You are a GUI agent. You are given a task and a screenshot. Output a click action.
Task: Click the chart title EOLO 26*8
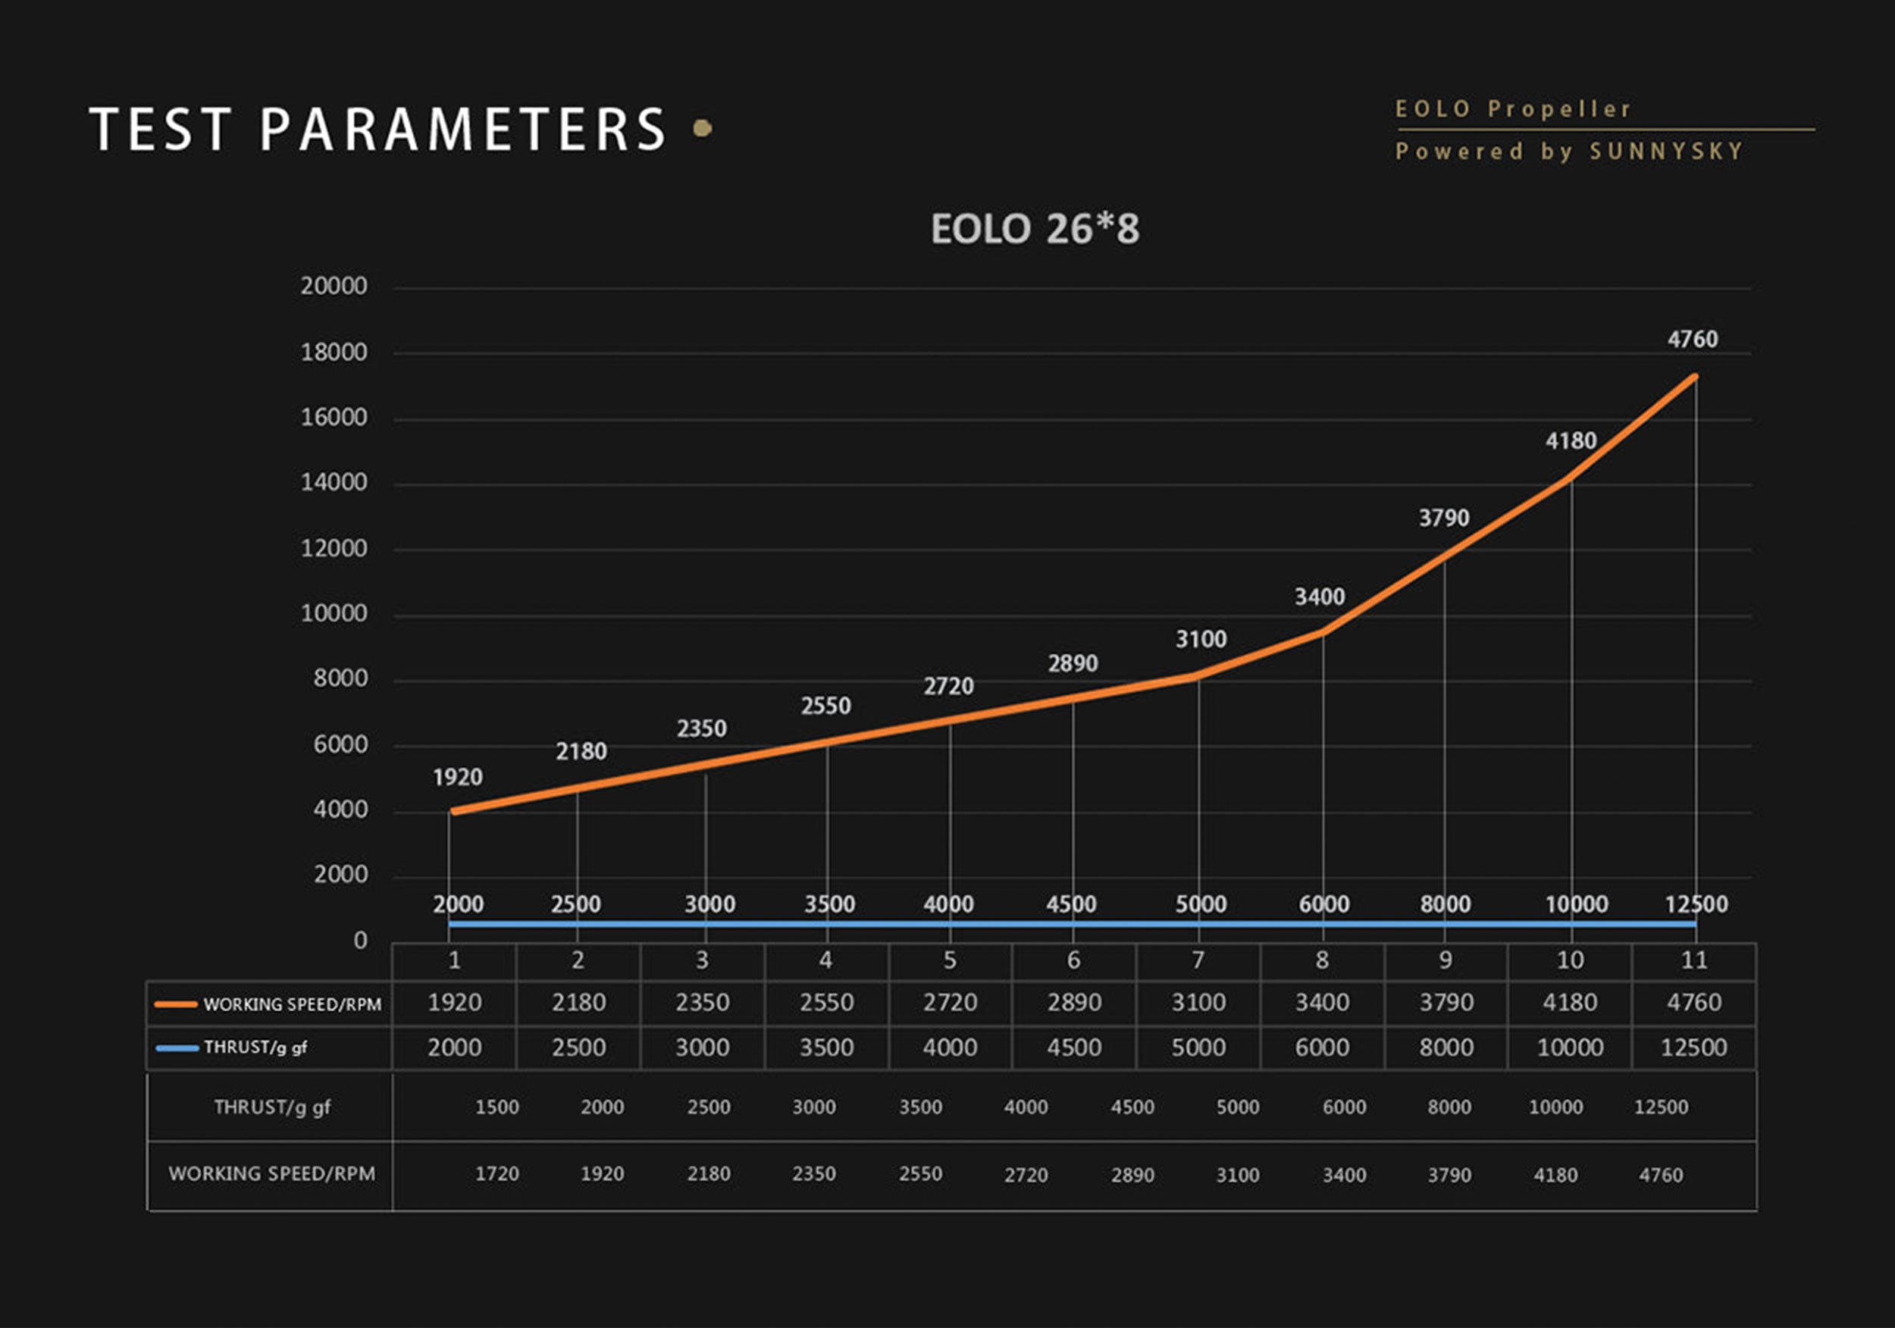tap(1034, 230)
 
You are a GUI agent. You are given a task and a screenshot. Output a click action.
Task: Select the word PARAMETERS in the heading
tap(463, 130)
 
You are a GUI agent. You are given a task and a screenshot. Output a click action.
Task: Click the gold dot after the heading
tap(703, 128)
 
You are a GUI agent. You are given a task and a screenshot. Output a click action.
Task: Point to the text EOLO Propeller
tap(1513, 109)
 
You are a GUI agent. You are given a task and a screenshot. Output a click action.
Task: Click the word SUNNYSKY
tap(1666, 152)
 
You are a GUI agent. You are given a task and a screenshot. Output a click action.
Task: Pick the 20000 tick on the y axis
tap(334, 287)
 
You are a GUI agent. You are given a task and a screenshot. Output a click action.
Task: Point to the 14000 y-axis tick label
tap(334, 483)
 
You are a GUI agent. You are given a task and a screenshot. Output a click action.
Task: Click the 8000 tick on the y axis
tap(340, 679)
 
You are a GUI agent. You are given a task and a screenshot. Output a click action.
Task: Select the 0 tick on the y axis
tap(361, 941)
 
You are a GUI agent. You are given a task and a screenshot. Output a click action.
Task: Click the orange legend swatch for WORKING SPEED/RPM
tap(176, 1004)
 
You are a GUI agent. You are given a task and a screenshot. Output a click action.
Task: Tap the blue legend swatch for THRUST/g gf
tap(177, 1048)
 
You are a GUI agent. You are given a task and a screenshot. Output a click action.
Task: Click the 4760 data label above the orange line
tap(1692, 340)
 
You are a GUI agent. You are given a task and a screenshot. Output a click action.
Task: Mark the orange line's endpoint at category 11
tap(1694, 377)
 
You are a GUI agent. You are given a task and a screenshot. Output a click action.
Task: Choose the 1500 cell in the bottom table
tap(496, 1107)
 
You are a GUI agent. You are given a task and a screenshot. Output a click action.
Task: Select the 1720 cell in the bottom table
tap(496, 1173)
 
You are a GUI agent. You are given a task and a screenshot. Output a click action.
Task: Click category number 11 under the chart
tap(1693, 960)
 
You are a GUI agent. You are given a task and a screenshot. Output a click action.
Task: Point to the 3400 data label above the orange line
tap(1319, 597)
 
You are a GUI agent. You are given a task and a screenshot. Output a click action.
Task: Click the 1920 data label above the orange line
tap(457, 778)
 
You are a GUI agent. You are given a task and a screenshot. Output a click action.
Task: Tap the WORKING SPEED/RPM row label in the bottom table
tap(271, 1173)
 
